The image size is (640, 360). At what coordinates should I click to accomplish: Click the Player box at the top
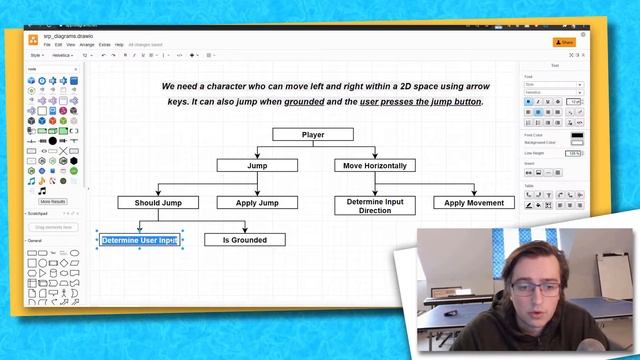pyautogui.click(x=312, y=134)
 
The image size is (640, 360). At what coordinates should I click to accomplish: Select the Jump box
pyautogui.click(x=257, y=165)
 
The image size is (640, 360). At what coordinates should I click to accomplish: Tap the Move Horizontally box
pyautogui.click(x=375, y=165)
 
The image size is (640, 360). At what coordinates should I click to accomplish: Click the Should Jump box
pyautogui.click(x=158, y=202)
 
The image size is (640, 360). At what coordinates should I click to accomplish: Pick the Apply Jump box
pyautogui.click(x=257, y=202)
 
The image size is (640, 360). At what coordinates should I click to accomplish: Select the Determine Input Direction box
pyautogui.click(x=375, y=206)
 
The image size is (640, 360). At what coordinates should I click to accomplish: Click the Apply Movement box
pyautogui.click(x=474, y=202)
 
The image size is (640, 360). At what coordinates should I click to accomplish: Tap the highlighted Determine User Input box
pyautogui.click(x=140, y=240)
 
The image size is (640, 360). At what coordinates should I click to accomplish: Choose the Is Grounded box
pyautogui.click(x=245, y=240)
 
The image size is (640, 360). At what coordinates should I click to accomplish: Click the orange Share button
pyautogui.click(x=566, y=42)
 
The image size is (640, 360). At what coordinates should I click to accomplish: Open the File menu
pyautogui.click(x=47, y=45)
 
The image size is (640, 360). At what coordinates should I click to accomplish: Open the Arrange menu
pyautogui.click(x=87, y=45)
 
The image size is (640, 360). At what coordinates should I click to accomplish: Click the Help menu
pyautogui.click(x=119, y=45)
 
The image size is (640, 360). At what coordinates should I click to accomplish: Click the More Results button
pyautogui.click(x=52, y=201)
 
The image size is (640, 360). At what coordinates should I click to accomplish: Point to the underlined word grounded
pyautogui.click(x=304, y=102)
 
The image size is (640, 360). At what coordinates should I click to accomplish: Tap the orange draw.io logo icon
pyautogui.click(x=33, y=40)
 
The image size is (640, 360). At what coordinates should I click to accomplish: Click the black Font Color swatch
pyautogui.click(x=577, y=135)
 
